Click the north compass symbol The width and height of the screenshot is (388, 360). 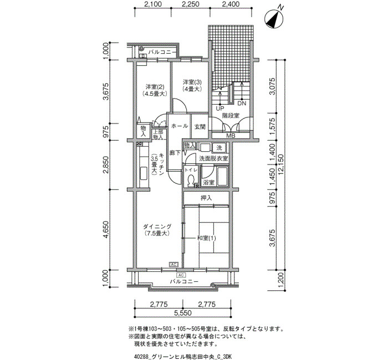274,19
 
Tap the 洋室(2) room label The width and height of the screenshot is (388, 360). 155,87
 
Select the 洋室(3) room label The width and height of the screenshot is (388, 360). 192,82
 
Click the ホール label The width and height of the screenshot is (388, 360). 180,126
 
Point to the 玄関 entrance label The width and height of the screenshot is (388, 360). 200,127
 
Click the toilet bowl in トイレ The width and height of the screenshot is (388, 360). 191,181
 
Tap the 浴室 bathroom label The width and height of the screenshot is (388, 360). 208,183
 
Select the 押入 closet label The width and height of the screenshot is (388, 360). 206,198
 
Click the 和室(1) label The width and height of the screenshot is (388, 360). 206,238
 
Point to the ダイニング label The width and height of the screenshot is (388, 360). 157,226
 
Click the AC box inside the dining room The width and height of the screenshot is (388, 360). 173,265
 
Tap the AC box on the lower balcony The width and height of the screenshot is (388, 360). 181,275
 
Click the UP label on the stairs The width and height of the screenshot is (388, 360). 219,109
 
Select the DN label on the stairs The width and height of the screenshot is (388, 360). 242,104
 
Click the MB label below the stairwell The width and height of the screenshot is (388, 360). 231,136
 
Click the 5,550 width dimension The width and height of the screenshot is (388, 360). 182,313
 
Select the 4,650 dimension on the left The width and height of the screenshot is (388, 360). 106,230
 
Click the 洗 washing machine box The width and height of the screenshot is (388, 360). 219,148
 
